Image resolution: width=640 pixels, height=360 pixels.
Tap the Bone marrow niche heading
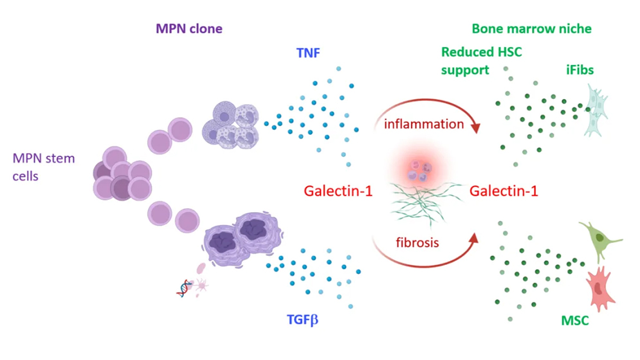[531, 29]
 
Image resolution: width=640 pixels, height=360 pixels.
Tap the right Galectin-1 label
[504, 191]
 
